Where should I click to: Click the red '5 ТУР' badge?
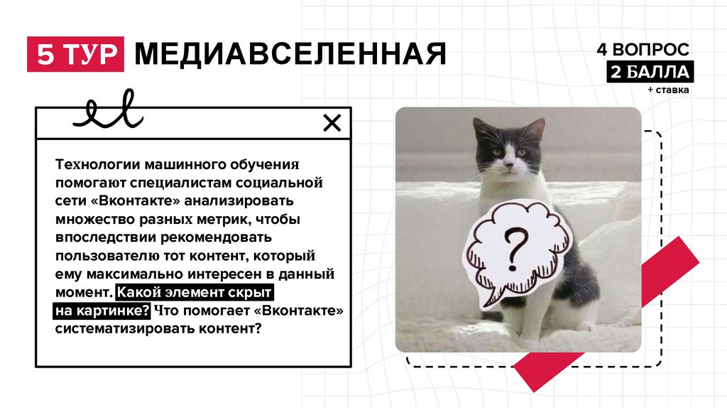pyautogui.click(x=75, y=54)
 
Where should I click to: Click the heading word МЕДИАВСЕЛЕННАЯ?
pyautogui.click(x=290, y=54)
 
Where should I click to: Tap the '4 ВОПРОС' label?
pyautogui.click(x=643, y=49)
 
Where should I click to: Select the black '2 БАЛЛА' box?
pyautogui.click(x=650, y=72)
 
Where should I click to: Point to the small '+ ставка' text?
pyautogui.click(x=669, y=90)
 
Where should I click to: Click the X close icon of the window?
pyautogui.click(x=332, y=123)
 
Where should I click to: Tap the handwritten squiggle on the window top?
pyautogui.click(x=108, y=110)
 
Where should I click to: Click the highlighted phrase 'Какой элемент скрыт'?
pyautogui.click(x=195, y=292)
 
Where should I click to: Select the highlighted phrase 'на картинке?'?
pyautogui.click(x=102, y=311)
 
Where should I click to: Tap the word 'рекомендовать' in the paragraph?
pyautogui.click(x=216, y=237)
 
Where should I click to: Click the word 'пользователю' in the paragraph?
pyautogui.click(x=108, y=256)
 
